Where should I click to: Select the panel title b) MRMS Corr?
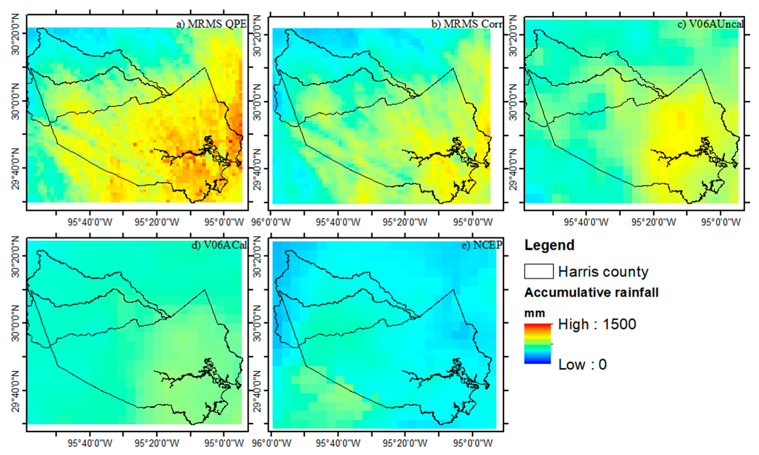pos(467,24)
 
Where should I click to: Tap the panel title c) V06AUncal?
pos(710,24)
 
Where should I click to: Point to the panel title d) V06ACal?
pos(219,245)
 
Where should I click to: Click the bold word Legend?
pos(549,245)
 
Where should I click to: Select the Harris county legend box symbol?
pos(539,271)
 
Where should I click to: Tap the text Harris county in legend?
pos(603,272)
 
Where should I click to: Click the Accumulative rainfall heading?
pos(591,292)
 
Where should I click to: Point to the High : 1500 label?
pos(597,324)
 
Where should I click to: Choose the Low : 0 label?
pos(582,364)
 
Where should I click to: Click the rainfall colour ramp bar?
pos(538,343)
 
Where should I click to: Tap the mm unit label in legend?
pos(534,313)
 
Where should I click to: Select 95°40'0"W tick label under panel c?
pos(586,222)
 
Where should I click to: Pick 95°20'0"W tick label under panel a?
pos(156,222)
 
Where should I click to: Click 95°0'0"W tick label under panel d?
pos(223,443)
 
